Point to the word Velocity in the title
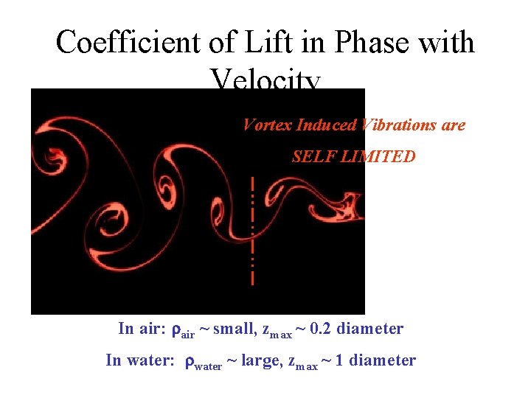coord(265,80)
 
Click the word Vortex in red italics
coord(267,125)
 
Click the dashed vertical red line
coord(252,230)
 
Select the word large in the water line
coord(260,360)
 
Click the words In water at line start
coord(140,360)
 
